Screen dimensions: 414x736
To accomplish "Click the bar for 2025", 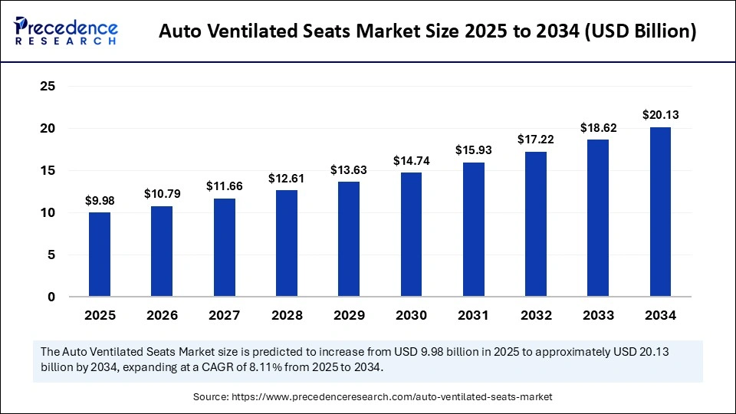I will (100, 255).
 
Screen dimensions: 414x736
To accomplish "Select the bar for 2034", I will (660, 212).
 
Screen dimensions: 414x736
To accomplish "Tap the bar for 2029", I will (349, 239).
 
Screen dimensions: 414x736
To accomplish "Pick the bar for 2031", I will (474, 229).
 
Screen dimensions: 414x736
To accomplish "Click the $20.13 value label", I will (660, 115).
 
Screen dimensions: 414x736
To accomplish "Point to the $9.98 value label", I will (100, 201).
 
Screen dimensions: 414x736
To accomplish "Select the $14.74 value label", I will (411, 161).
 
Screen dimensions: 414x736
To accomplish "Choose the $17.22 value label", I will (536, 140).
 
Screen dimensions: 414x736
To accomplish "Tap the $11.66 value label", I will (225, 186).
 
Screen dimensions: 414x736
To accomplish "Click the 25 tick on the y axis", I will (47, 87).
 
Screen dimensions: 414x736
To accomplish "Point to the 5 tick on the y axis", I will (51, 255).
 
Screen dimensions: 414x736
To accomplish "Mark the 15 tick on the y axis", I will (47, 170).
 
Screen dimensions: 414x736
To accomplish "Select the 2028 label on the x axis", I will (287, 315).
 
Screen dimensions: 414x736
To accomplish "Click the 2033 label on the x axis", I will (598, 315).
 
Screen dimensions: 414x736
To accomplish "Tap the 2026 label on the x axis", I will (162, 315).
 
